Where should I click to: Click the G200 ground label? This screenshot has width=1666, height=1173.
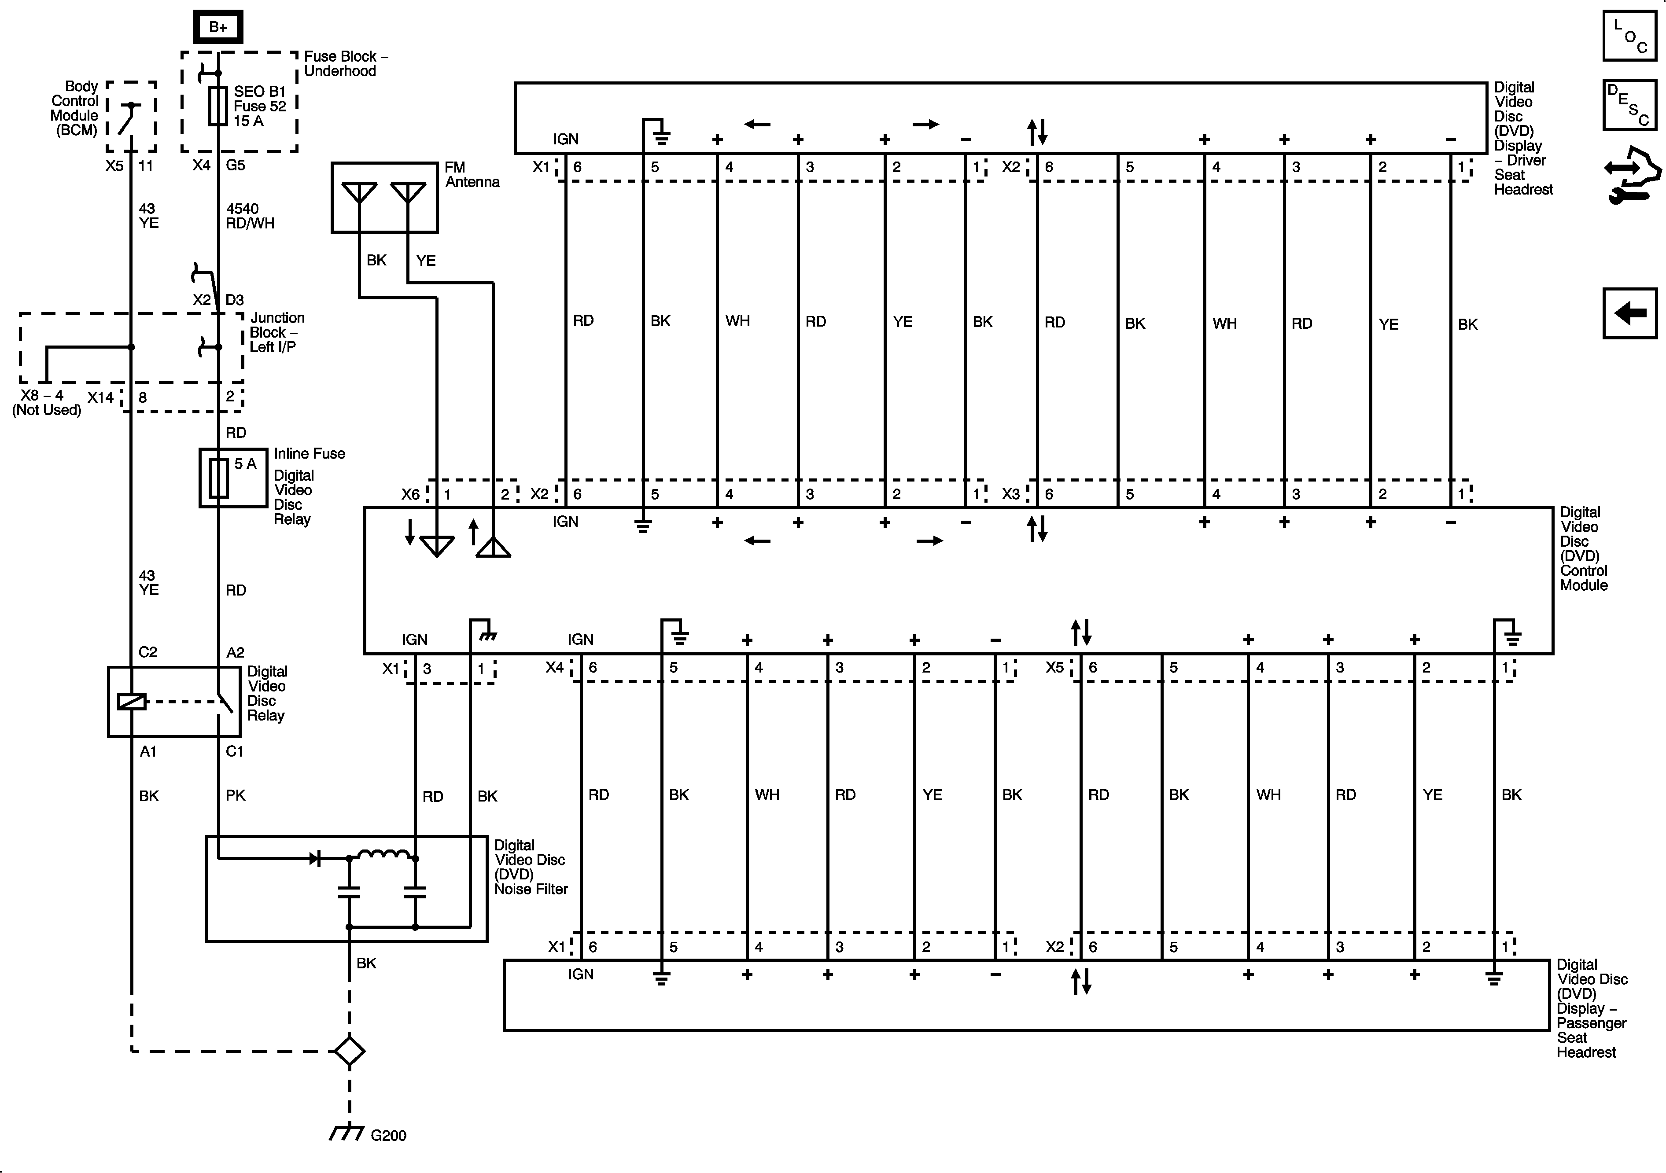pos(388,1135)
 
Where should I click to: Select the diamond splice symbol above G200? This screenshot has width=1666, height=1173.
pos(349,1050)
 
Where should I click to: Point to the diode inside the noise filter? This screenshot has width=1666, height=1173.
pos(315,859)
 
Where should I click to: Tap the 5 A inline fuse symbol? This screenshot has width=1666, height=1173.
pos(218,478)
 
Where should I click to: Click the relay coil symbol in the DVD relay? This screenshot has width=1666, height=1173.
pos(131,702)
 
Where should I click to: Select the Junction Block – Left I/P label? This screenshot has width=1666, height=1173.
pos(276,332)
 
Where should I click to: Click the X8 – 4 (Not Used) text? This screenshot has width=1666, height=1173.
pos(46,403)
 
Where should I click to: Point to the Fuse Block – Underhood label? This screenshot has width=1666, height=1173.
pos(345,64)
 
